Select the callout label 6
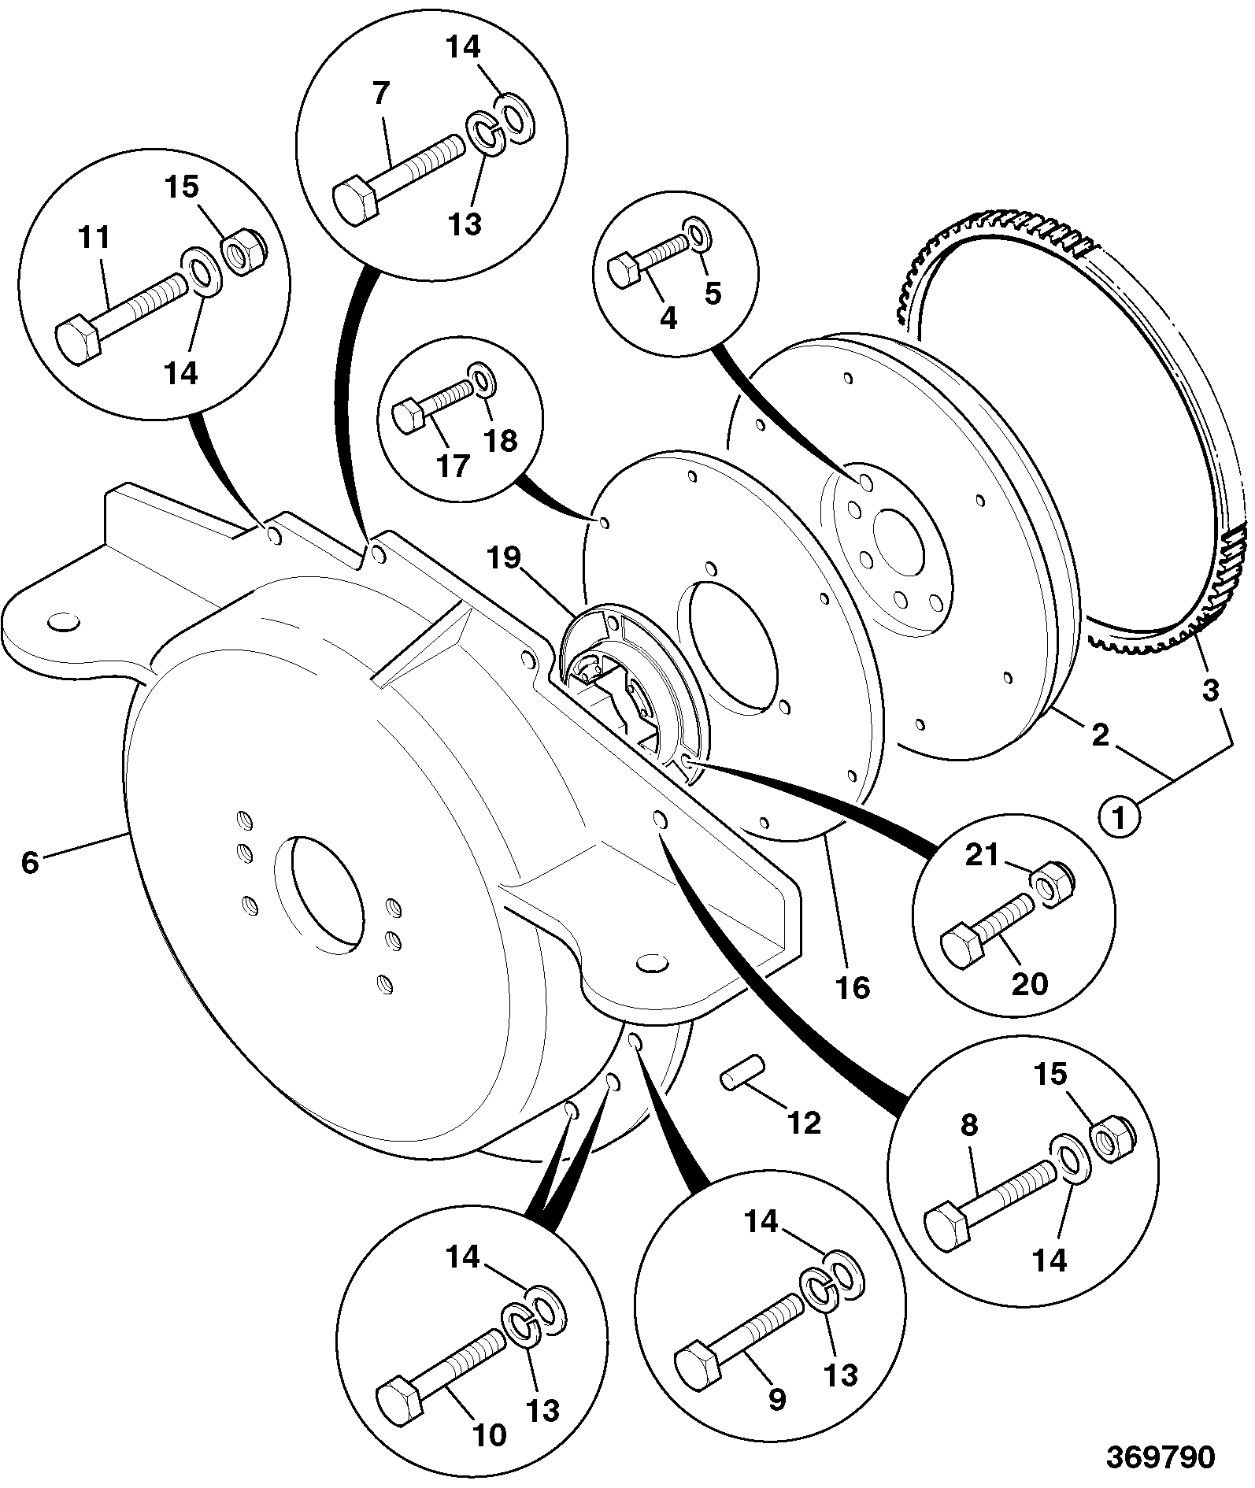point(30,862)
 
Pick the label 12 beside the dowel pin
point(803,1122)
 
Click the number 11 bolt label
point(93,239)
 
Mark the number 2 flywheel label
point(1100,735)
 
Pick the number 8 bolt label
point(970,1126)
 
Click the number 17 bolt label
point(454,467)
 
